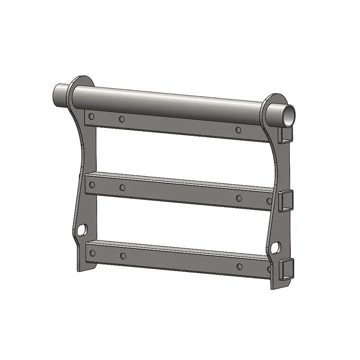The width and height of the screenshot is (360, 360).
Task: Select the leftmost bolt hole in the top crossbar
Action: coord(92,116)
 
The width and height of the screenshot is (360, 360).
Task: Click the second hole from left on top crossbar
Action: coord(122,119)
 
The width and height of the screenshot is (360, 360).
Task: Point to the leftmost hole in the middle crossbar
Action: coord(92,184)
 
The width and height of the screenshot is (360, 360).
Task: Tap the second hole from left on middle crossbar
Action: coord(122,187)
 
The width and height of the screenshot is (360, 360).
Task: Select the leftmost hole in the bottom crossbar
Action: coord(92,252)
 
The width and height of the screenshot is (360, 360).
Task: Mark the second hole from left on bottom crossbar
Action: coord(122,256)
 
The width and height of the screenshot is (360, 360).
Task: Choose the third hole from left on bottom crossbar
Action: coord(239,266)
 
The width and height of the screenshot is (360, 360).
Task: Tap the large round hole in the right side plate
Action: coord(276,247)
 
